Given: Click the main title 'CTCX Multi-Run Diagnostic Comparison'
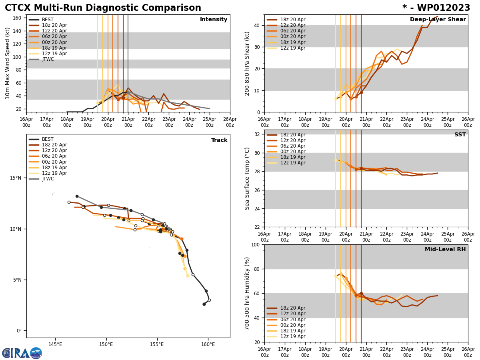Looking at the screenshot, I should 103,8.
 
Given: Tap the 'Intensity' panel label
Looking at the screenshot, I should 214,20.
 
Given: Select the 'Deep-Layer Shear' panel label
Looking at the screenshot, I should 438,20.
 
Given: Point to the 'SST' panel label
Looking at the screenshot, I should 460,135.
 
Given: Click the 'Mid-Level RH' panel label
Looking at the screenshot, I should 445,250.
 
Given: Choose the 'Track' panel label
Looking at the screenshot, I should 219,140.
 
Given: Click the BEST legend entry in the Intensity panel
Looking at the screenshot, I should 48,20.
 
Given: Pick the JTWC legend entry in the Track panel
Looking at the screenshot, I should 48,179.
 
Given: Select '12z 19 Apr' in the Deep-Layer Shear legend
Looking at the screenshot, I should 293,48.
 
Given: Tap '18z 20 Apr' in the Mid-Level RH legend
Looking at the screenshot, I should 293,308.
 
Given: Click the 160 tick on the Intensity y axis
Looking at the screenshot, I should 17,18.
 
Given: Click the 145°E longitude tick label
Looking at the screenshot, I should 55,344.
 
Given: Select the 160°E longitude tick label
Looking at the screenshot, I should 208,344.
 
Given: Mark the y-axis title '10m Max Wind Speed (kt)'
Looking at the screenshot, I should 8,63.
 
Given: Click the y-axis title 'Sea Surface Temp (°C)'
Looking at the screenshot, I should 247,178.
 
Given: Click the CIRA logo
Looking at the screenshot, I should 22,353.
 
